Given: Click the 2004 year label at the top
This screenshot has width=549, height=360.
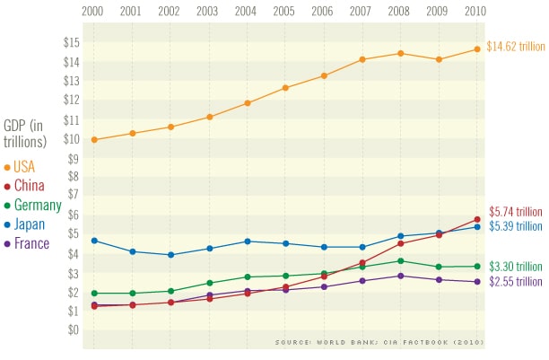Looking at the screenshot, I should tap(247, 12).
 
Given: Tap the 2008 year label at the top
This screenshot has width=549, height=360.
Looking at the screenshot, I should tap(400, 12).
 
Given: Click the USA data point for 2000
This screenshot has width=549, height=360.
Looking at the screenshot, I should tap(94, 139).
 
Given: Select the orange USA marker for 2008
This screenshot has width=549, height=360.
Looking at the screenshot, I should tap(401, 53).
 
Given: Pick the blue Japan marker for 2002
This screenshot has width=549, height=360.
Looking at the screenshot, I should tap(170, 255).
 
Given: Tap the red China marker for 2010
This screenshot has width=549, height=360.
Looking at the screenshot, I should tap(477, 219).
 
